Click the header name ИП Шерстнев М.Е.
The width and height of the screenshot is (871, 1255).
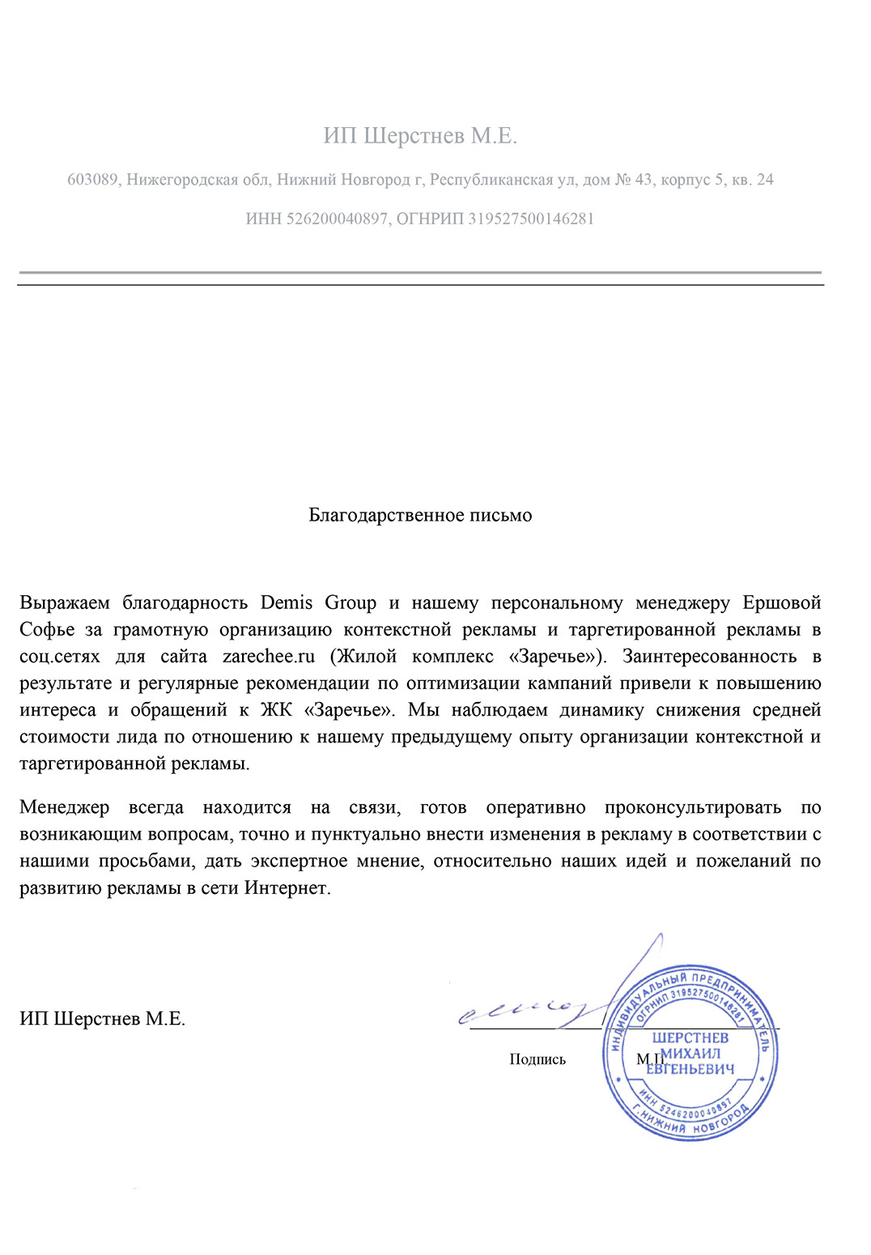[x=420, y=136]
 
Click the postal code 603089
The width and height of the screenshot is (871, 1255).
[x=92, y=180]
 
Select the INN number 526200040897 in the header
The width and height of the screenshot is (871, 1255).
[x=337, y=219]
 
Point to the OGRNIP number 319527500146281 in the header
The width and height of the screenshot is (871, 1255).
[x=531, y=219]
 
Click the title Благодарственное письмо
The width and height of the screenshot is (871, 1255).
[x=420, y=516]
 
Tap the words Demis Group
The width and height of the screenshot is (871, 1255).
[x=318, y=603]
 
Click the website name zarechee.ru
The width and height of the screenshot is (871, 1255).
[x=268, y=657]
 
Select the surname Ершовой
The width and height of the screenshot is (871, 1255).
[x=781, y=603]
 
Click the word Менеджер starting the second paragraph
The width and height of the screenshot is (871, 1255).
[x=64, y=808]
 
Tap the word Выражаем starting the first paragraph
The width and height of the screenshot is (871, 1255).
[x=65, y=603]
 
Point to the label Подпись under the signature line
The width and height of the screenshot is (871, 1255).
[x=537, y=1059]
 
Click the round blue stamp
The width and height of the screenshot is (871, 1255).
[x=690, y=1053]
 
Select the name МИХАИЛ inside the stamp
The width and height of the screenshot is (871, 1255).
[x=691, y=1053]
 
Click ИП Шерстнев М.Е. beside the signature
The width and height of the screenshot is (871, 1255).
[x=103, y=1019]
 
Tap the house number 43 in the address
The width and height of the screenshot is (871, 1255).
[x=644, y=180]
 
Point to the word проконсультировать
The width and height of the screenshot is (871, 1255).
[x=693, y=808]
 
